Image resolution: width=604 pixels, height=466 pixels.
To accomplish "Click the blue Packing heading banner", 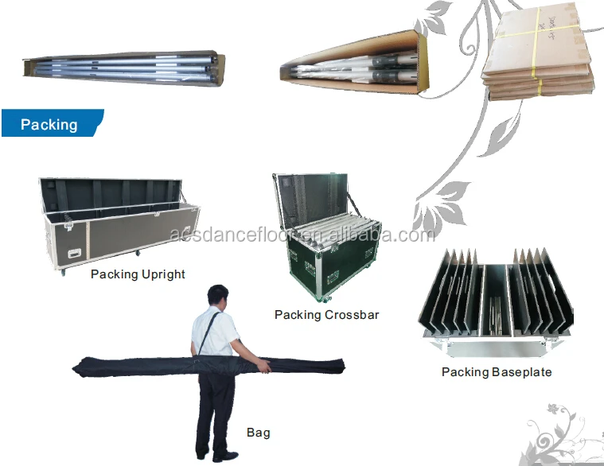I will click(49, 124).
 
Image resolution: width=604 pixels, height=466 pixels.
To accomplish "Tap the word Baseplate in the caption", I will click(521, 371).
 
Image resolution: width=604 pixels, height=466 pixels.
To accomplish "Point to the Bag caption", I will click(258, 433).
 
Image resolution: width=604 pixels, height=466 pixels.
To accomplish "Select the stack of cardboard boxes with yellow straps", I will click(539, 55).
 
